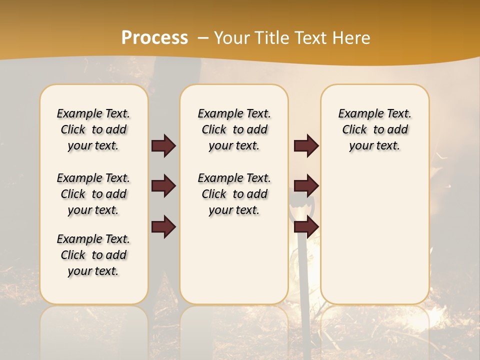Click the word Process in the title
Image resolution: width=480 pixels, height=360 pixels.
pyautogui.click(x=154, y=38)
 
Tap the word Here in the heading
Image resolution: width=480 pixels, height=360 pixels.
pyautogui.click(x=352, y=38)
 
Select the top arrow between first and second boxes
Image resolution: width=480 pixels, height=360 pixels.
pyautogui.click(x=163, y=146)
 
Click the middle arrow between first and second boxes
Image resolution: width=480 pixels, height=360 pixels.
pyautogui.click(x=163, y=186)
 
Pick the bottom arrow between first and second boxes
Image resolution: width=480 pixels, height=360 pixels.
pyautogui.click(x=163, y=226)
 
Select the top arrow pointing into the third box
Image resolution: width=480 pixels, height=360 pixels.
pyautogui.click(x=306, y=146)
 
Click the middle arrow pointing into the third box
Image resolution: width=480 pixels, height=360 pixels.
pyautogui.click(x=306, y=186)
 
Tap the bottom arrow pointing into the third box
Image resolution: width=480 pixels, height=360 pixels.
pyautogui.click(x=306, y=226)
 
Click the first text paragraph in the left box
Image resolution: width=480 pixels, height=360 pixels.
pyautogui.click(x=93, y=129)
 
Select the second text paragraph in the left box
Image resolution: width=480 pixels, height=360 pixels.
pyautogui.click(x=93, y=194)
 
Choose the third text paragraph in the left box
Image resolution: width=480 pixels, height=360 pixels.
pyautogui.click(x=93, y=255)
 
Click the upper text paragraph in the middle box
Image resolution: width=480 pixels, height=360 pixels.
pyautogui.click(x=234, y=129)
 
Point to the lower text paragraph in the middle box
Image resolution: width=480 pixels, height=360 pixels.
pyautogui.click(x=234, y=194)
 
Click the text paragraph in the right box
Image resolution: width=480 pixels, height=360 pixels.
pyautogui.click(x=374, y=129)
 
